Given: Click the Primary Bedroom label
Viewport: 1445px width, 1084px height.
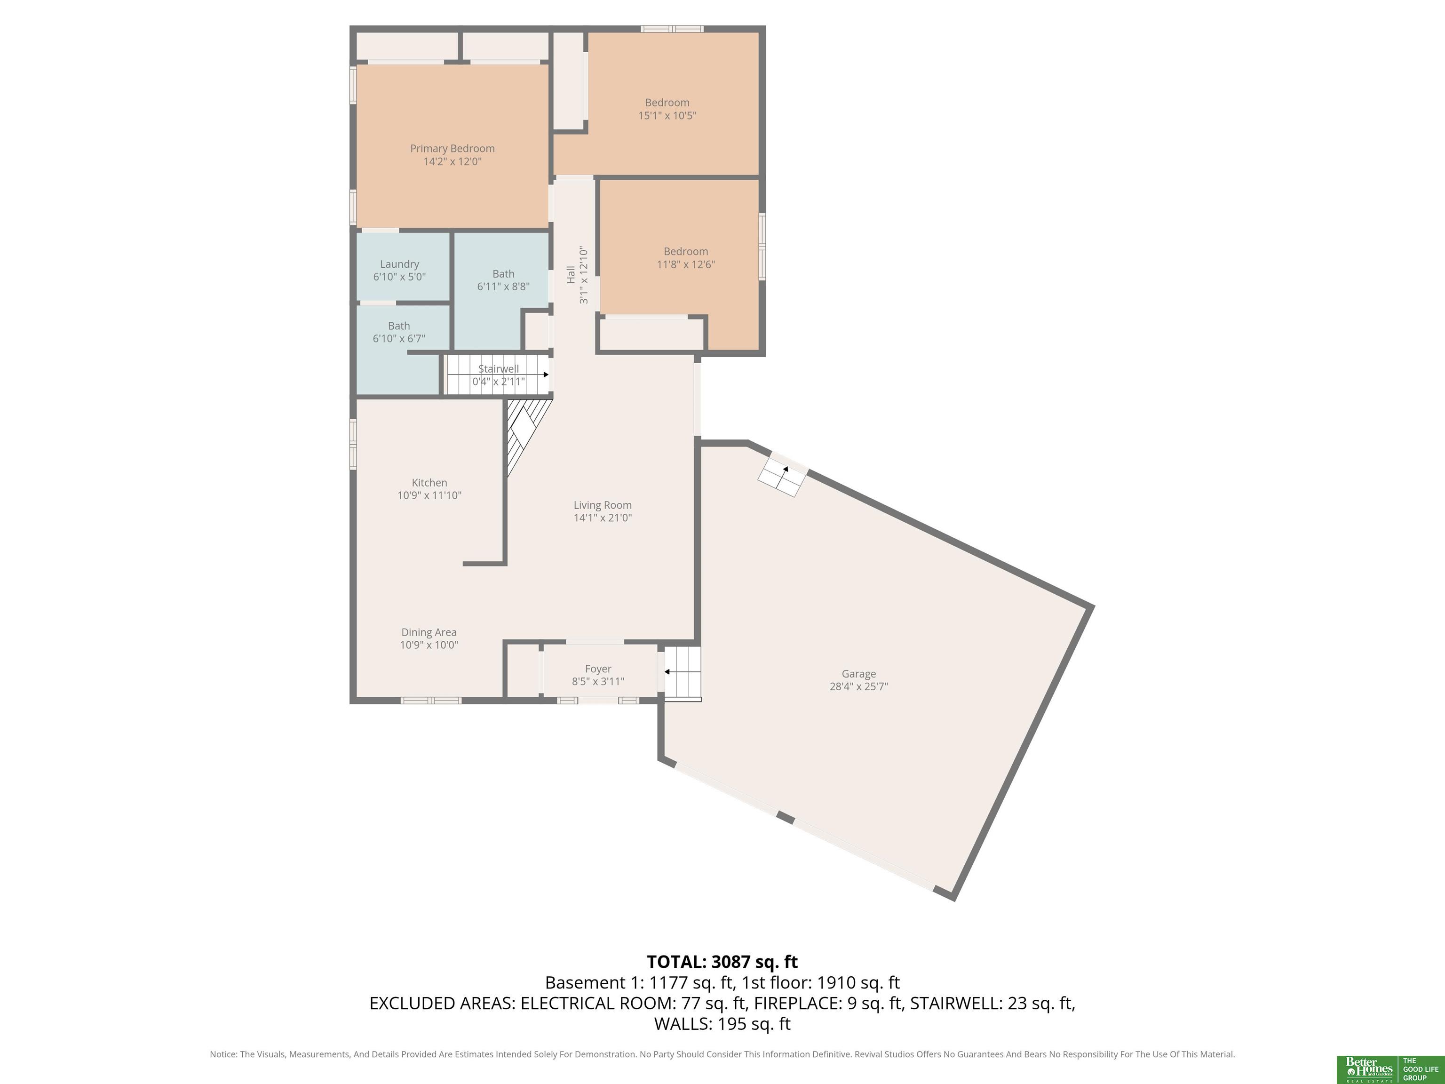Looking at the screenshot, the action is pyautogui.click(x=452, y=148).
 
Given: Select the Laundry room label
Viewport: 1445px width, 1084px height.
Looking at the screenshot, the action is pyautogui.click(x=399, y=264).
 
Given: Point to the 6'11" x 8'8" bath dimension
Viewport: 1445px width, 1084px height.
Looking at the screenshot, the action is pyautogui.click(x=503, y=286).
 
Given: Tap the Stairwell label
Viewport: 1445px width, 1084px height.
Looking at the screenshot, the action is pyautogui.click(x=499, y=368).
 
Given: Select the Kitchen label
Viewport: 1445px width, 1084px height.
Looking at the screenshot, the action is pyautogui.click(x=429, y=483).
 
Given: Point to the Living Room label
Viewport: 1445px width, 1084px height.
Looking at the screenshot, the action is pyautogui.click(x=602, y=505).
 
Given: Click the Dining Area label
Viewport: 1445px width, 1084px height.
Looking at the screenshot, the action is pyautogui.click(x=429, y=632).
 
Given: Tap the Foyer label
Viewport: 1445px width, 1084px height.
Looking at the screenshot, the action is pyautogui.click(x=598, y=669).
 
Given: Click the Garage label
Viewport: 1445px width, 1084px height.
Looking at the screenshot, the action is pyautogui.click(x=858, y=674).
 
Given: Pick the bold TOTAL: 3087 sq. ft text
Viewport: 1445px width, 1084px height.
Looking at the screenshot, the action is pyautogui.click(x=722, y=962).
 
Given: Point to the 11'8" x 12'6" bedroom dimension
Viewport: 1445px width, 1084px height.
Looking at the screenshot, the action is pyautogui.click(x=686, y=264).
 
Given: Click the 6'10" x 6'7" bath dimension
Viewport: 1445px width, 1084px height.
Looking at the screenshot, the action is pyautogui.click(x=398, y=338).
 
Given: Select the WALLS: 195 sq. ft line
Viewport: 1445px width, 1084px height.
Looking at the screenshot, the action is pyautogui.click(x=722, y=1023).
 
